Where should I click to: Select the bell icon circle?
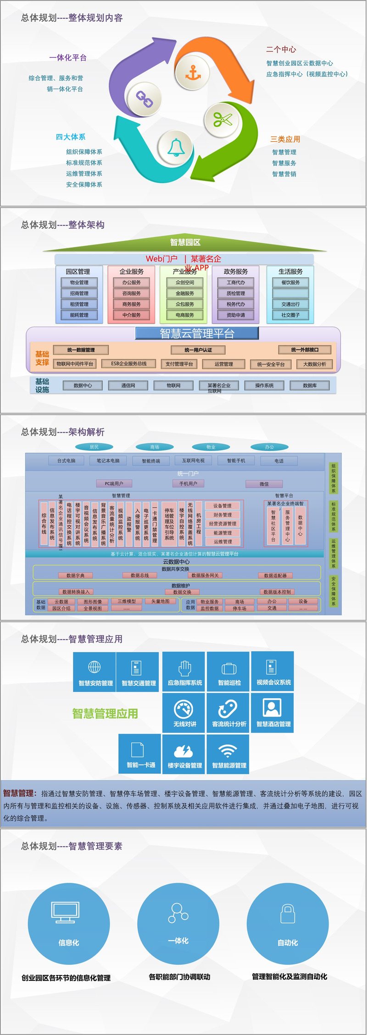point(176,147)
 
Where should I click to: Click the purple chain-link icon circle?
point(145,99)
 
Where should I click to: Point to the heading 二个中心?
point(281,49)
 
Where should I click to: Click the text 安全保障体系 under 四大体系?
point(84,185)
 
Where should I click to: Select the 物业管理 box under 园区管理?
point(79,283)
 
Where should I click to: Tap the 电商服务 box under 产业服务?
point(184,315)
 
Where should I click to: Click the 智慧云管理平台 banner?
point(197,334)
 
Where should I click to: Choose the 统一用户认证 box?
point(198,350)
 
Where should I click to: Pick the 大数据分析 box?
point(315,364)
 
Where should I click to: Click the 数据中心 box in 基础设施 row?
point(83,386)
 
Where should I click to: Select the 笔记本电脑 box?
point(108,461)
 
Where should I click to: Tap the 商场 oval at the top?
point(155,447)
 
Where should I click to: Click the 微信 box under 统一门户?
point(264,484)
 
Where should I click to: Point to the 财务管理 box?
point(222,515)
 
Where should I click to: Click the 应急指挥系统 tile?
point(185,672)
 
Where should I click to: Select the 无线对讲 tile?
point(185,713)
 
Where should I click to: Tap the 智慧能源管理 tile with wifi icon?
point(229,754)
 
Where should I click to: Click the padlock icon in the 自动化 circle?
point(288,913)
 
